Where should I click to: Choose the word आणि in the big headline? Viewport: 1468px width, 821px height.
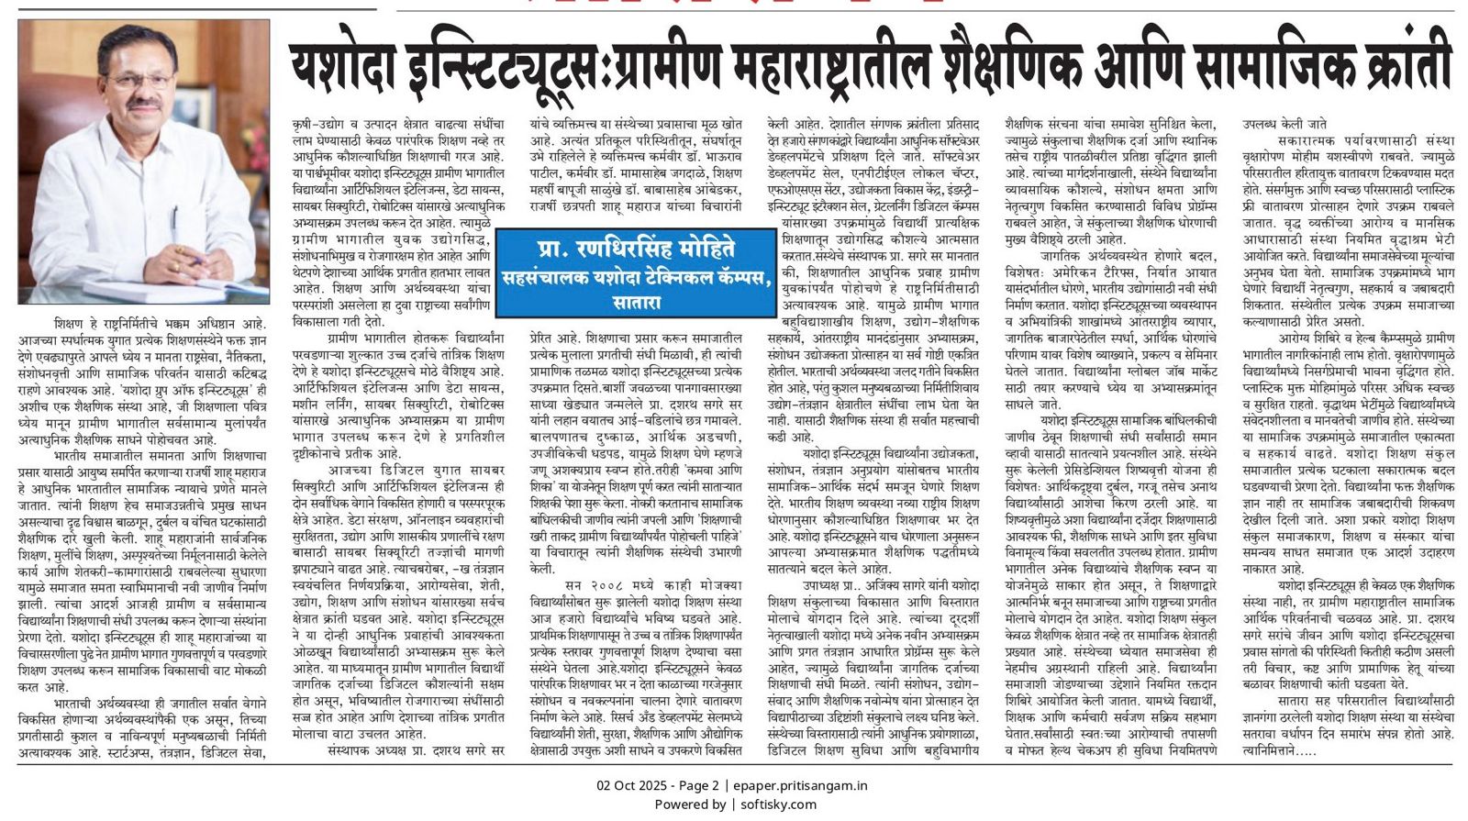(1123, 67)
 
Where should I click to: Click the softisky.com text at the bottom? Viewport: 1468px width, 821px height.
(778, 804)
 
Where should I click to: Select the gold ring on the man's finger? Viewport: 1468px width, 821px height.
(174, 266)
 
